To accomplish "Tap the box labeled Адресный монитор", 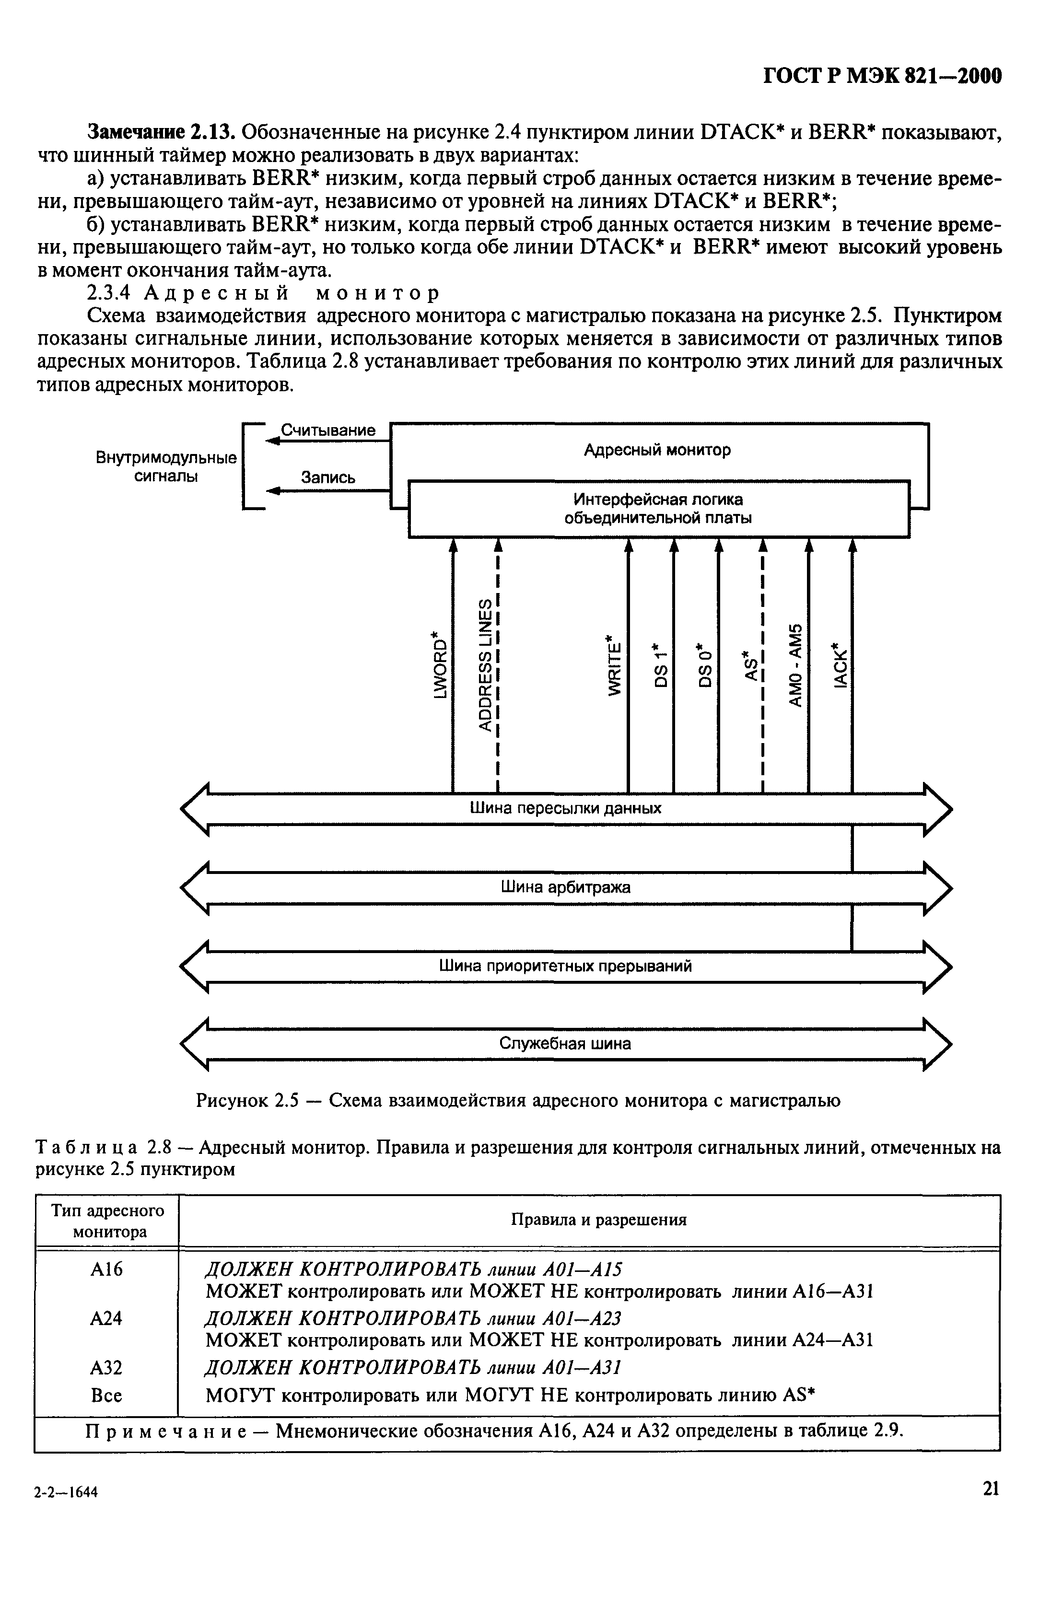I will pos(657,450).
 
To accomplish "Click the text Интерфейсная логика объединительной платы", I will pos(658,509).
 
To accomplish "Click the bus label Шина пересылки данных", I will pos(565,808).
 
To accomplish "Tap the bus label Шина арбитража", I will pos(565,887).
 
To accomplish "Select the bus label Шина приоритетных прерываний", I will pos(565,966).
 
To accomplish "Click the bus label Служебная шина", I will pos(565,1044).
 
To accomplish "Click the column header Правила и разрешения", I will pos(598,1220).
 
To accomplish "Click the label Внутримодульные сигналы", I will pos(166,467).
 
